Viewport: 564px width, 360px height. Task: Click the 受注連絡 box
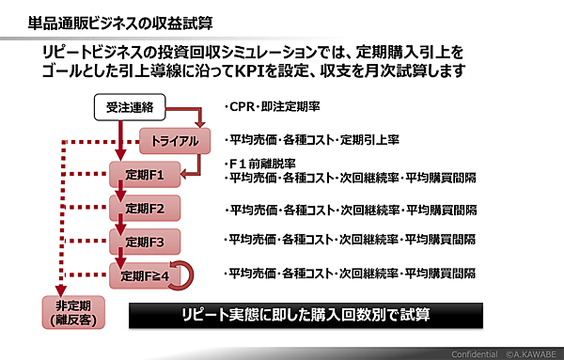point(131,109)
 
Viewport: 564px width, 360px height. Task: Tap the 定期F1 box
point(144,175)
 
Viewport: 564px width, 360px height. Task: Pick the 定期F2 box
point(144,208)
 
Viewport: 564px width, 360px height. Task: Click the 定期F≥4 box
point(145,275)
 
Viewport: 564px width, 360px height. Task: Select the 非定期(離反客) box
point(73,312)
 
